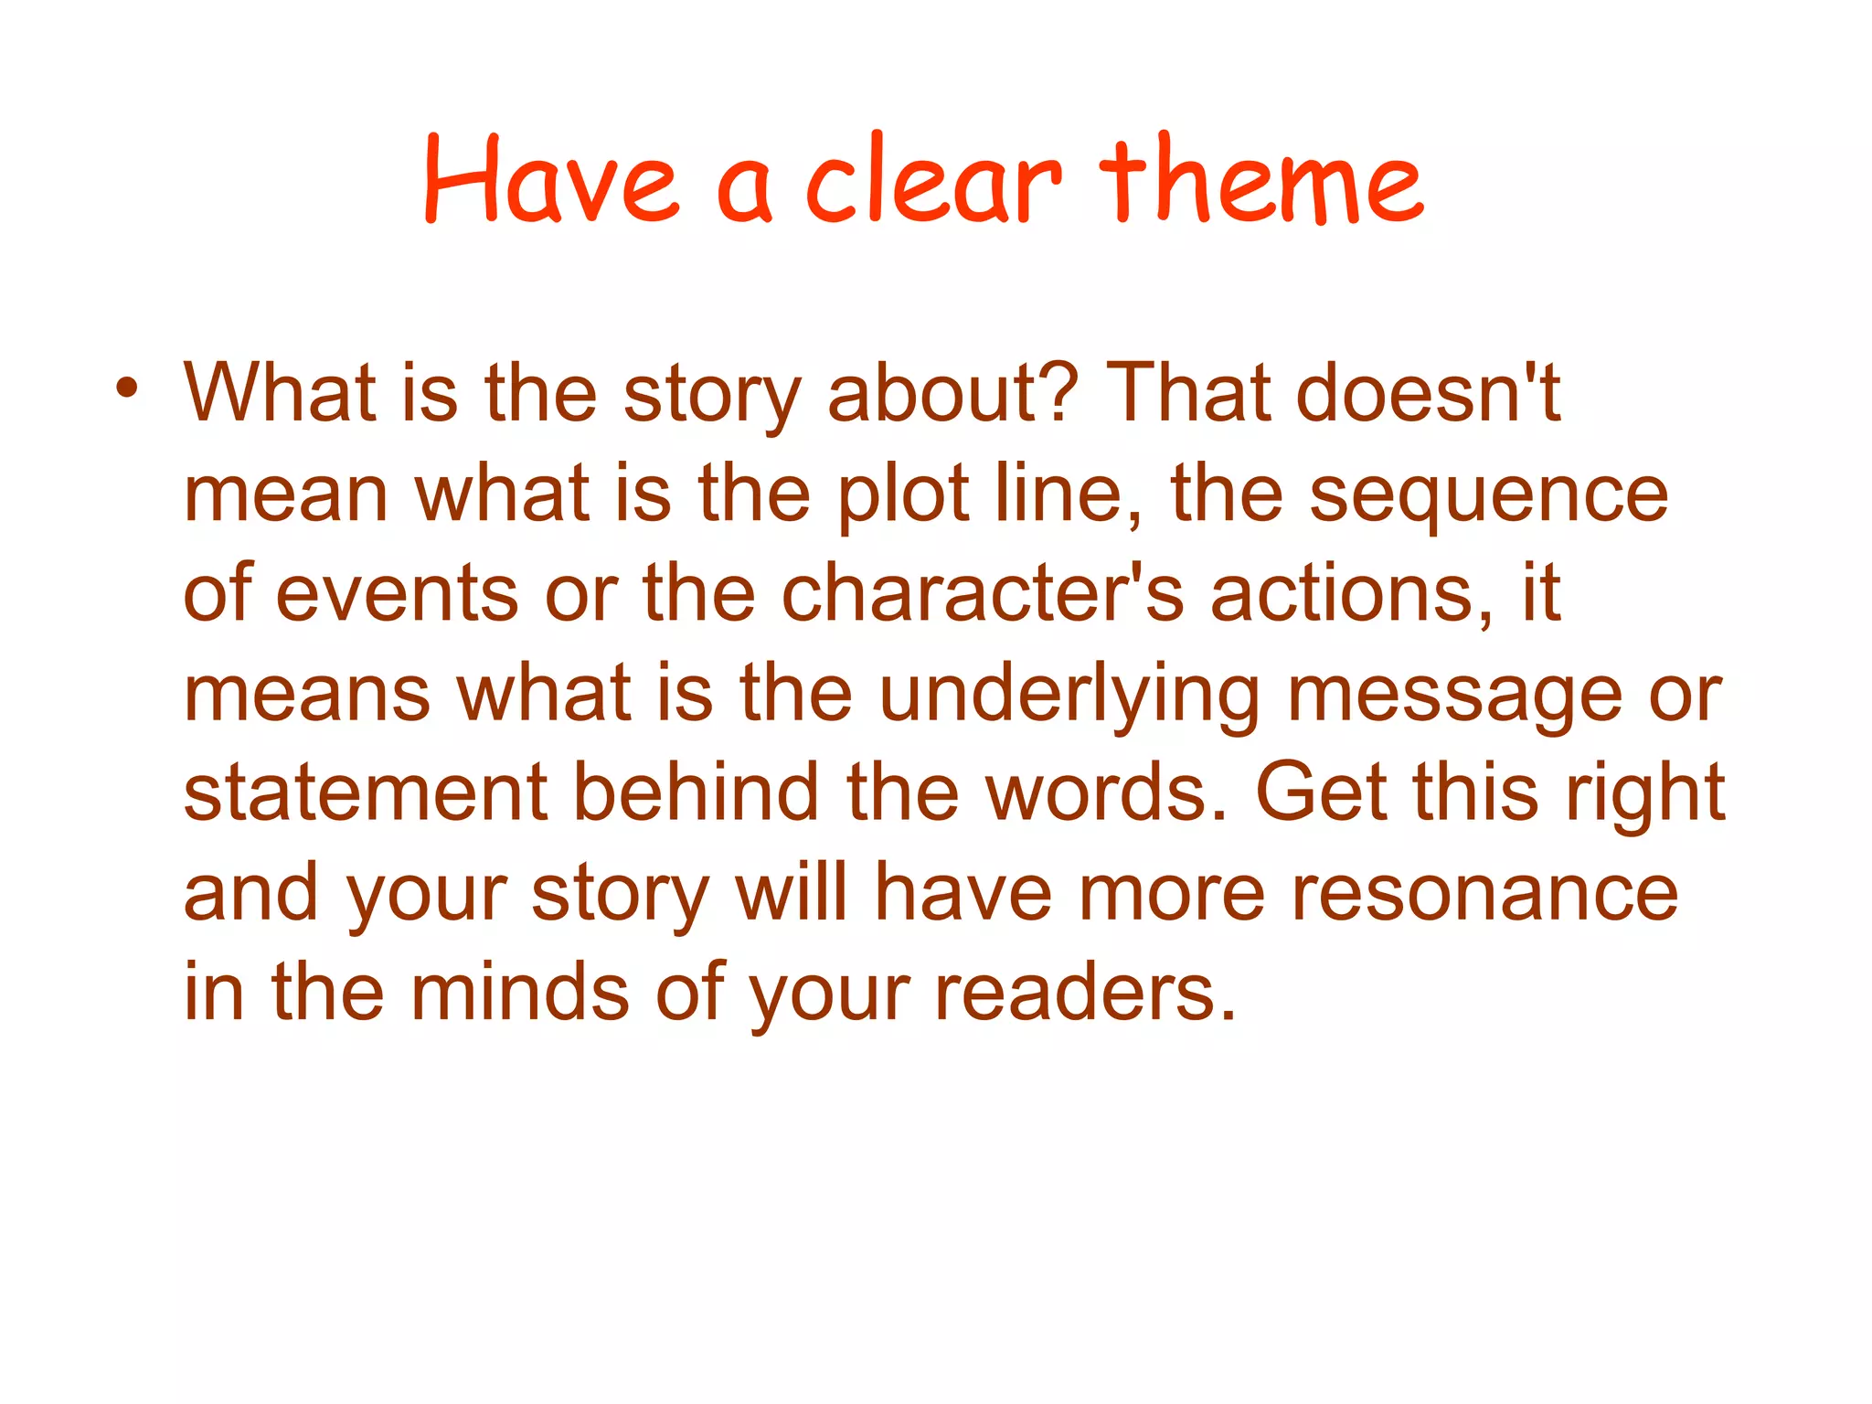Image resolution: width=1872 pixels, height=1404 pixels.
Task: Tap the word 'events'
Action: tap(397, 594)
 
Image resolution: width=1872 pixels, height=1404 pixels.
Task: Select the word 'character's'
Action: tap(984, 594)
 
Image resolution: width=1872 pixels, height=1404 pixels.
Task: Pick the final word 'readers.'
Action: tap(1085, 992)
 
